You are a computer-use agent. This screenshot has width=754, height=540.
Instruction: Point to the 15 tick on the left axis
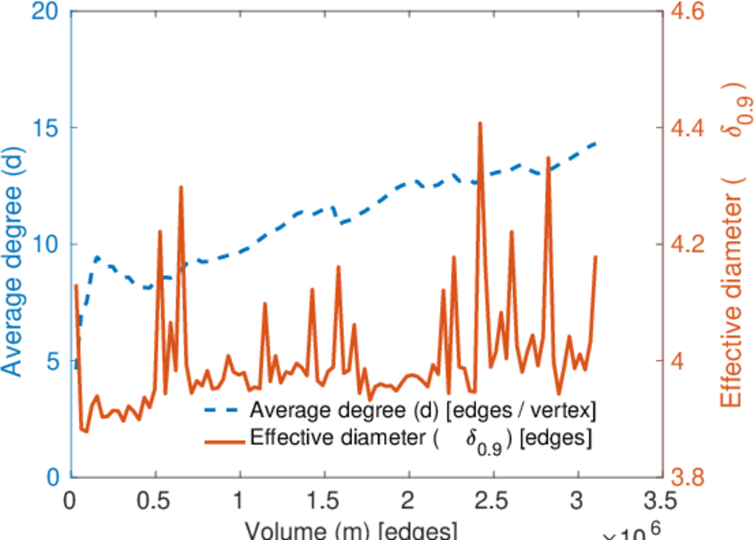pyautogui.click(x=46, y=128)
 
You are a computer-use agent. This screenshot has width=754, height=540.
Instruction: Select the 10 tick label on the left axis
pyautogui.click(x=46, y=245)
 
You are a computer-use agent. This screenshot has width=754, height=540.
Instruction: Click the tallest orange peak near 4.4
pyautogui.click(x=480, y=123)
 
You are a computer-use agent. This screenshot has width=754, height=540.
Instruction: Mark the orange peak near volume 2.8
pyautogui.click(x=548, y=158)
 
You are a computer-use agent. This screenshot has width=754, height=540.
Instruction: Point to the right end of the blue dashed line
pyautogui.click(x=596, y=143)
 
